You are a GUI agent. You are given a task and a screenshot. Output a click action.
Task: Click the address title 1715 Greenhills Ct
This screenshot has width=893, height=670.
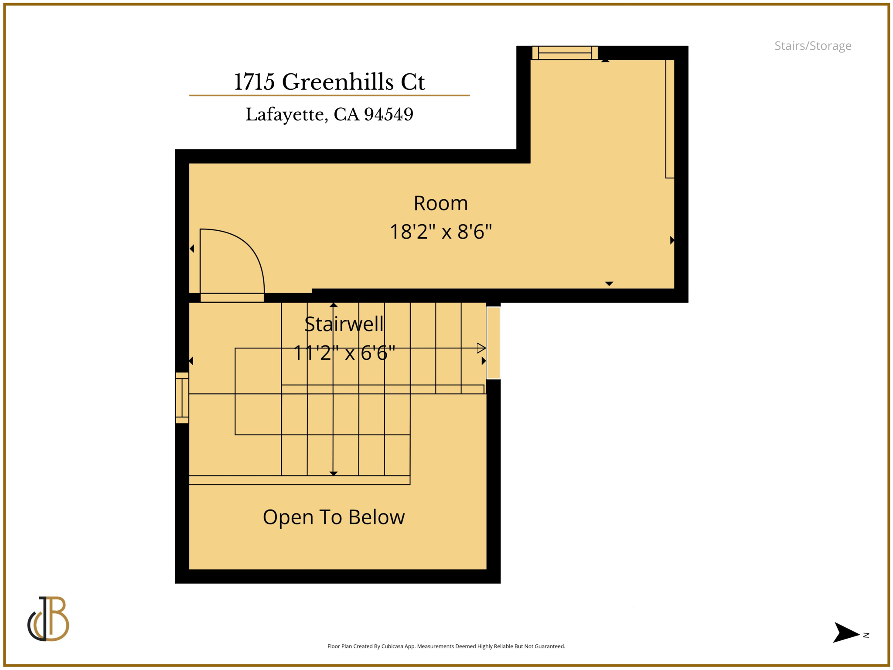[329, 82]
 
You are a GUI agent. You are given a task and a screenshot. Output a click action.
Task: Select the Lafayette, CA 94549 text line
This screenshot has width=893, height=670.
[329, 114]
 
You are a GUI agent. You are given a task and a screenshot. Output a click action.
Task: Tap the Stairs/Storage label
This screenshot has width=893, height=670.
[812, 46]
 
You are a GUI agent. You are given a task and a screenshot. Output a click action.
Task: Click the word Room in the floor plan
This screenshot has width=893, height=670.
[440, 203]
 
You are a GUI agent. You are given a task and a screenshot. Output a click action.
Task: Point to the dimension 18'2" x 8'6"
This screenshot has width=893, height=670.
[440, 232]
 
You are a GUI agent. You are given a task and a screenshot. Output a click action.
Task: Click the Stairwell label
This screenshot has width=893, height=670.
[344, 324]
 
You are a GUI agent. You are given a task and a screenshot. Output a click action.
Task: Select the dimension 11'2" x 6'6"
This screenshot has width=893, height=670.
[344, 353]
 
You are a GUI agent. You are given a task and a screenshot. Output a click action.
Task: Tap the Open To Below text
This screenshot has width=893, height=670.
[334, 517]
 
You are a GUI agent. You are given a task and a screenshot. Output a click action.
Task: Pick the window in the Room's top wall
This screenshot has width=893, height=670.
[565, 53]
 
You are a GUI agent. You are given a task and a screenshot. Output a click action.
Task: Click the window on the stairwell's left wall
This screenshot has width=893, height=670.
[182, 398]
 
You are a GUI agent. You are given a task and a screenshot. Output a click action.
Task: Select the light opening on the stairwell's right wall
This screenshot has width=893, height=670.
[493, 343]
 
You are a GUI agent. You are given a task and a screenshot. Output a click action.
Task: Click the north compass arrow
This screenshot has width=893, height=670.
[846, 632]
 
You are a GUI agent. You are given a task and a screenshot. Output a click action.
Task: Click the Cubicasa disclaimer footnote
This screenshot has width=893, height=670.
[446, 646]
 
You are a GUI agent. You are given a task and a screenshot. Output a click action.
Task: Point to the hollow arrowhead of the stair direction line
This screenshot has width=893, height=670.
[481, 348]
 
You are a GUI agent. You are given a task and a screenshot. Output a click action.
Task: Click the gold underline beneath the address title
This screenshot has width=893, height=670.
[329, 95]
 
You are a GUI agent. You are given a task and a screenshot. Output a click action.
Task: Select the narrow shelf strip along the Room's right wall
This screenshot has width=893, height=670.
[670, 119]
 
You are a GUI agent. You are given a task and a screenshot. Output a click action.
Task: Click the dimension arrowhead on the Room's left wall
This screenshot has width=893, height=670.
[192, 249]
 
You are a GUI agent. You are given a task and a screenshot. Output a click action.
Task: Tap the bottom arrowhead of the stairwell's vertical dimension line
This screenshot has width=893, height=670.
[334, 473]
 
